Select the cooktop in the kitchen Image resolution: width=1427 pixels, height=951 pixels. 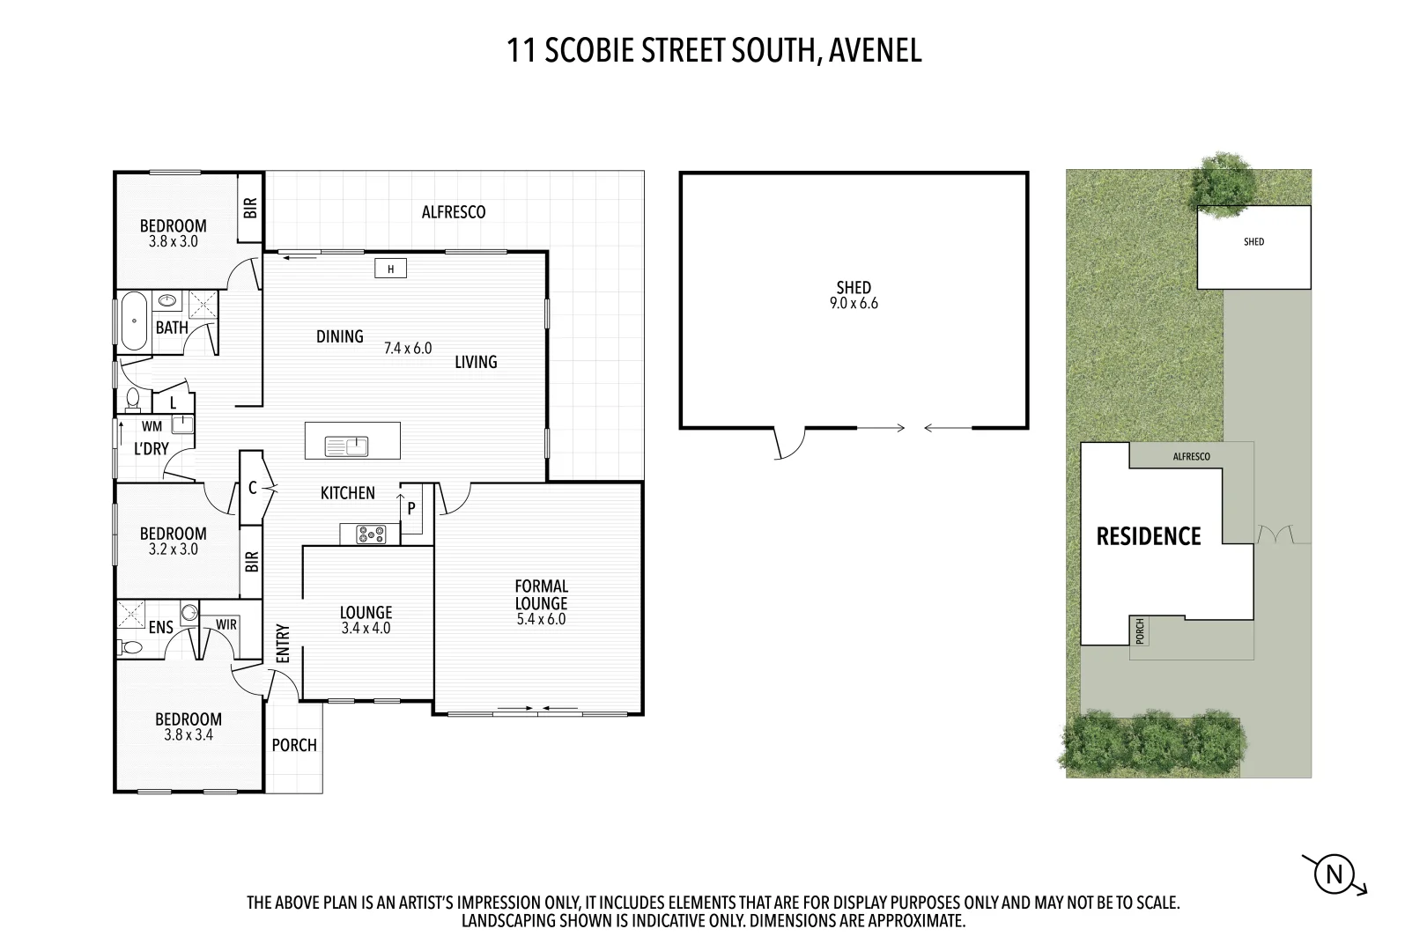[370, 534]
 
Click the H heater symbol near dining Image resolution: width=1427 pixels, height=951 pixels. [390, 269]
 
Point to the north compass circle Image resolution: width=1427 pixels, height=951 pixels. [1334, 874]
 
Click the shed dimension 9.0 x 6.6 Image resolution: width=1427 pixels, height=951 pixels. [854, 304]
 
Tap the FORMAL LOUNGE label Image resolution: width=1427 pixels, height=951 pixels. [541, 594]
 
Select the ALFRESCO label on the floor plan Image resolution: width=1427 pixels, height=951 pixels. [454, 212]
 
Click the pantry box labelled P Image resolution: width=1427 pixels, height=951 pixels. [410, 509]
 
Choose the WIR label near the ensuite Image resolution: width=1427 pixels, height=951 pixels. [226, 624]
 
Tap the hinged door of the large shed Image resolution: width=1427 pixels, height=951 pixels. [790, 443]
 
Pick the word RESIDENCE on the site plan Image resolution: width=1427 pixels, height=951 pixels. [1148, 536]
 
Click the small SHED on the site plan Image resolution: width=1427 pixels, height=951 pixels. [1253, 247]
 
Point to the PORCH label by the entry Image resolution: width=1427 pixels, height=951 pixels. [294, 745]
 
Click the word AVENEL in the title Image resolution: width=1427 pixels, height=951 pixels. [875, 50]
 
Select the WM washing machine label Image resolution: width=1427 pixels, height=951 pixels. [152, 426]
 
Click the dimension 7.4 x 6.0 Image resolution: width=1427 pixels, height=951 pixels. [408, 348]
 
